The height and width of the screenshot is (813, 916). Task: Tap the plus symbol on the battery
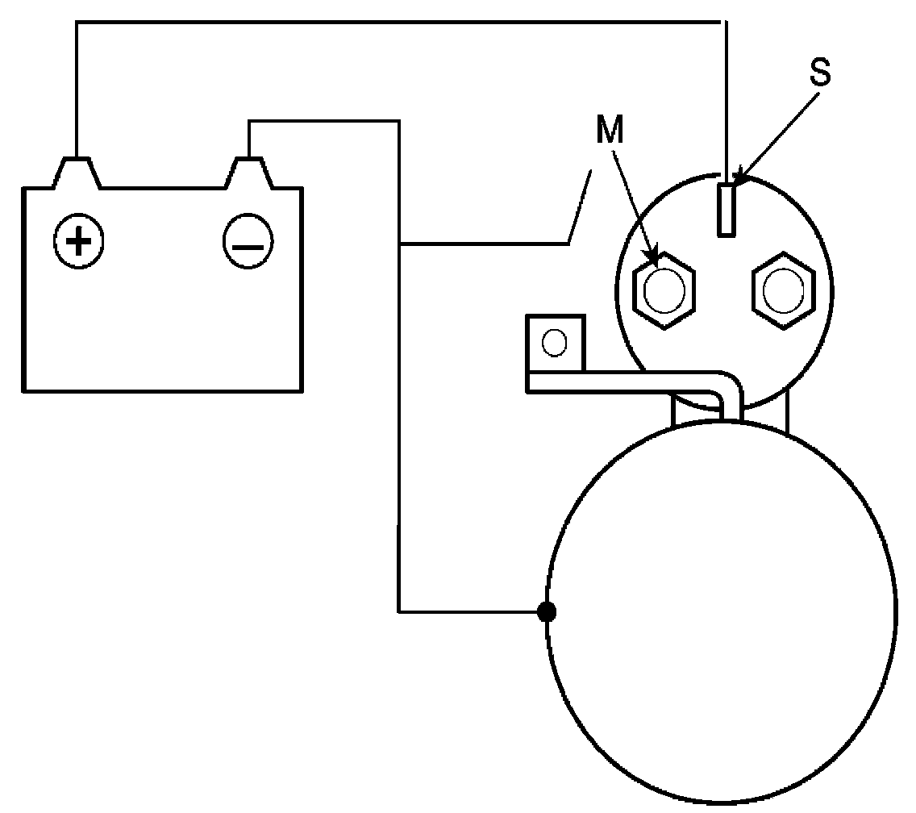coord(77,240)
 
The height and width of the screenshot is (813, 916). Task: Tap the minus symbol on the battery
coord(248,241)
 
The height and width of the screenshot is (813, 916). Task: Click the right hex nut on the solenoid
coord(780,290)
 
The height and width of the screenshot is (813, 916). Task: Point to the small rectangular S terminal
coord(727,209)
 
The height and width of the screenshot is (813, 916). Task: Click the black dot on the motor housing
coord(547,612)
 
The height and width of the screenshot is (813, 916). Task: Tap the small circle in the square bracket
coord(554,343)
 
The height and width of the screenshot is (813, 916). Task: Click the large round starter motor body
coord(721,613)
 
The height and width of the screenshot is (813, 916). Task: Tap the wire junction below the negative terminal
coord(399,243)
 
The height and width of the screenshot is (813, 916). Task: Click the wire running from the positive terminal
coord(403,23)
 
